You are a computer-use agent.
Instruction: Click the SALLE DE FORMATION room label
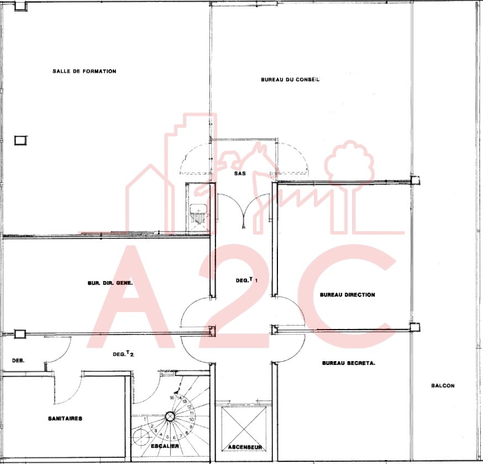point(84,71)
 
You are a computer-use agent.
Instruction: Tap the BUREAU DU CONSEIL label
point(290,80)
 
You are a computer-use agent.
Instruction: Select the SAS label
point(240,173)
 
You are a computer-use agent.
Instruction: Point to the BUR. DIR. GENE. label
point(111,283)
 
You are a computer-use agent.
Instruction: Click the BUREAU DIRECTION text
point(348,295)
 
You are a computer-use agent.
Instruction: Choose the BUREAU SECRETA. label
point(349,363)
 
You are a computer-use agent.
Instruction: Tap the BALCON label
point(443,385)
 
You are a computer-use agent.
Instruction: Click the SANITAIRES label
point(65,419)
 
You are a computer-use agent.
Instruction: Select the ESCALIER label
point(165,446)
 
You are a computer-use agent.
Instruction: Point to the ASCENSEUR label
point(245,447)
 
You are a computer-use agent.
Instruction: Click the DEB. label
point(18,361)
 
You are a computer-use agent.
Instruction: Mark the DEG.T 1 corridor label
point(246,280)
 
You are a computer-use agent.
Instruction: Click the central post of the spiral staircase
point(170,416)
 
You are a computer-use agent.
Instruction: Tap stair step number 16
point(172,398)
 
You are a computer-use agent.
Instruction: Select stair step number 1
point(145,419)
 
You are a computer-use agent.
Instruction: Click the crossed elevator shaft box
point(244,428)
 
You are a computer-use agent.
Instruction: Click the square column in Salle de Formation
point(20,140)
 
